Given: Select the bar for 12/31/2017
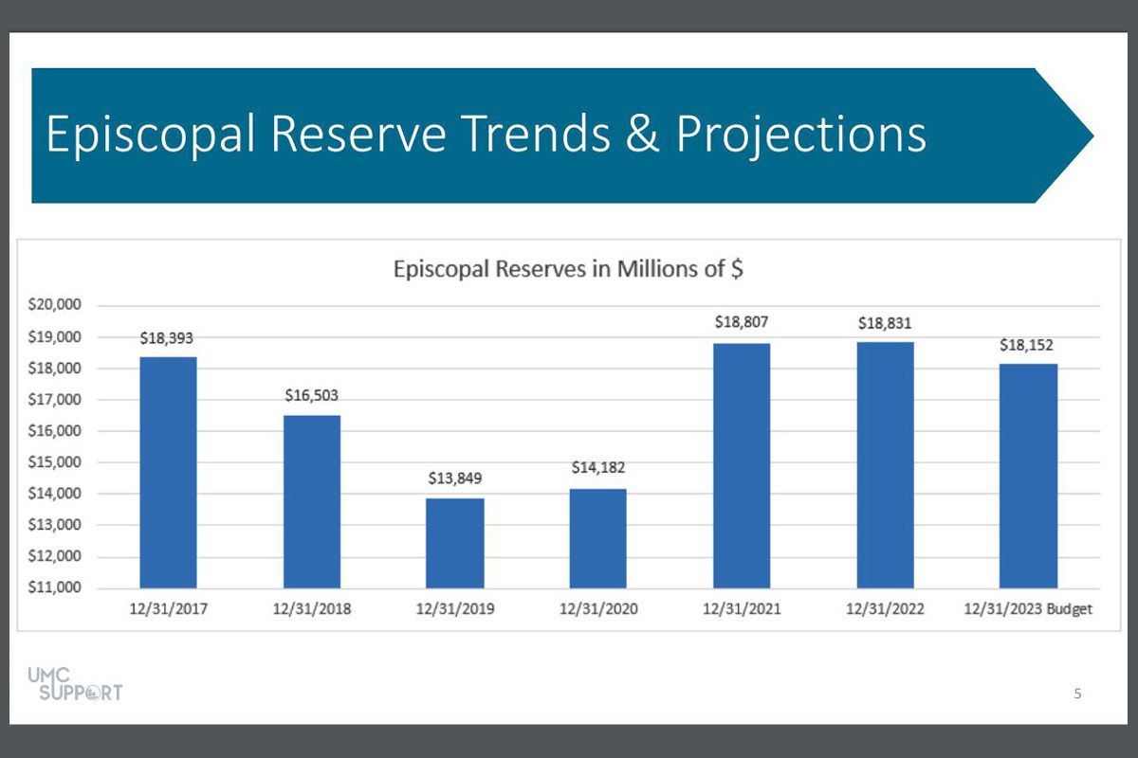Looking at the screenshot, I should click(x=168, y=472).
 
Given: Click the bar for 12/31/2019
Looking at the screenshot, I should click(x=454, y=543).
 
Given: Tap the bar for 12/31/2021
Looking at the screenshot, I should click(x=742, y=465).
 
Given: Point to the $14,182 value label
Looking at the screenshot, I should click(x=598, y=468).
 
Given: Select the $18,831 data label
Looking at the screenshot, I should click(x=885, y=322).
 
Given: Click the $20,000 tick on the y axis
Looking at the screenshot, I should click(x=59, y=305).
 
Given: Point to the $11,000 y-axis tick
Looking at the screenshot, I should click(x=59, y=587).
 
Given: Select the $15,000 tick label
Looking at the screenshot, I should click(x=59, y=462).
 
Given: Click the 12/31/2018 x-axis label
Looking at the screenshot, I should click(x=311, y=609).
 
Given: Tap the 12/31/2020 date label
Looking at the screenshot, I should click(x=598, y=609).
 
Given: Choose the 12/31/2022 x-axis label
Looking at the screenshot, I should click(x=885, y=609).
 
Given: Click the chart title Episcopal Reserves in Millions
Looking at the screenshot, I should click(x=568, y=268).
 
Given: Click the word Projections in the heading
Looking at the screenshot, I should click(x=800, y=135).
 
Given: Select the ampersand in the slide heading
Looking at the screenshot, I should click(x=641, y=135).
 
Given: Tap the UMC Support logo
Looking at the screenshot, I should click(x=80, y=683).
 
